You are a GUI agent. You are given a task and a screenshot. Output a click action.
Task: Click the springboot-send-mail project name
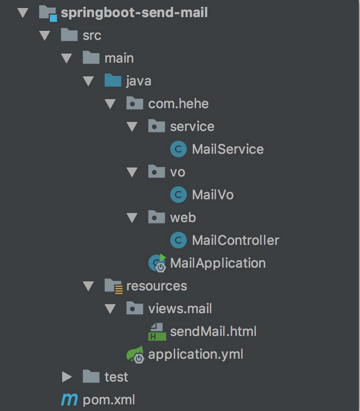tap(134, 12)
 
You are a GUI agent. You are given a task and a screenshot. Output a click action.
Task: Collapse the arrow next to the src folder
tap(45, 36)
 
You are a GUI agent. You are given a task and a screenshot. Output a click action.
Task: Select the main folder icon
tap(91, 58)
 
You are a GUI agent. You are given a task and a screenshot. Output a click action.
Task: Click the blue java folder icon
tap(113, 81)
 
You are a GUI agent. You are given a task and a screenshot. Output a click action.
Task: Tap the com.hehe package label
tap(178, 104)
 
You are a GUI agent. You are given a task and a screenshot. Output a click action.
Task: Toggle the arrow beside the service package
tap(132, 127)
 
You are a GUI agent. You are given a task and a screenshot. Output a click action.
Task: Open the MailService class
tap(227, 149)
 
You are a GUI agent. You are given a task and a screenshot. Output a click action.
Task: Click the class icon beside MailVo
tap(178, 195)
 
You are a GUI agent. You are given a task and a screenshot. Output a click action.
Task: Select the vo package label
tap(177, 172)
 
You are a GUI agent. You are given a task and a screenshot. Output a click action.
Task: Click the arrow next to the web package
tap(132, 217)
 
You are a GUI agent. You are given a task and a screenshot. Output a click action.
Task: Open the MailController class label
tap(235, 240)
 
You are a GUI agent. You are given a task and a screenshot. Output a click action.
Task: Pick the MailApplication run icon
tap(157, 263)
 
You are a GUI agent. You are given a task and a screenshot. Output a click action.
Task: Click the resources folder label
tap(157, 286)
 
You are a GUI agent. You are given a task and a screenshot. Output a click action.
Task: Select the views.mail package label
tap(180, 308)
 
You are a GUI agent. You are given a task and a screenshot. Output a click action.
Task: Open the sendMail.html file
tap(213, 331)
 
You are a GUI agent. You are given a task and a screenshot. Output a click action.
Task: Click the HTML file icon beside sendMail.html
tap(157, 332)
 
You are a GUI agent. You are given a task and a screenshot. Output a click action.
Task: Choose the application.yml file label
tap(196, 354)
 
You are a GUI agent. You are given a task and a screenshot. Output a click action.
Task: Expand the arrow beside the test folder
tap(67, 377)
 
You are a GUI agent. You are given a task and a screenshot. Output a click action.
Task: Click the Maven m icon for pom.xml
tap(69, 400)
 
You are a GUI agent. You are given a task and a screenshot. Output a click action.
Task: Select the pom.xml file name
tap(109, 400)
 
